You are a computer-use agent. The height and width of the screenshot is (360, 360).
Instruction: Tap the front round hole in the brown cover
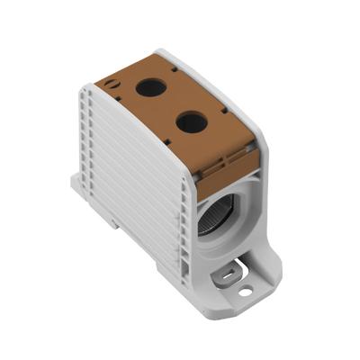192,121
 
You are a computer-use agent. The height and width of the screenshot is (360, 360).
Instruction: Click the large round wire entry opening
217,212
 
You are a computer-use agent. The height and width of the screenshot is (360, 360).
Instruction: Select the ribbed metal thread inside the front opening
209,216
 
